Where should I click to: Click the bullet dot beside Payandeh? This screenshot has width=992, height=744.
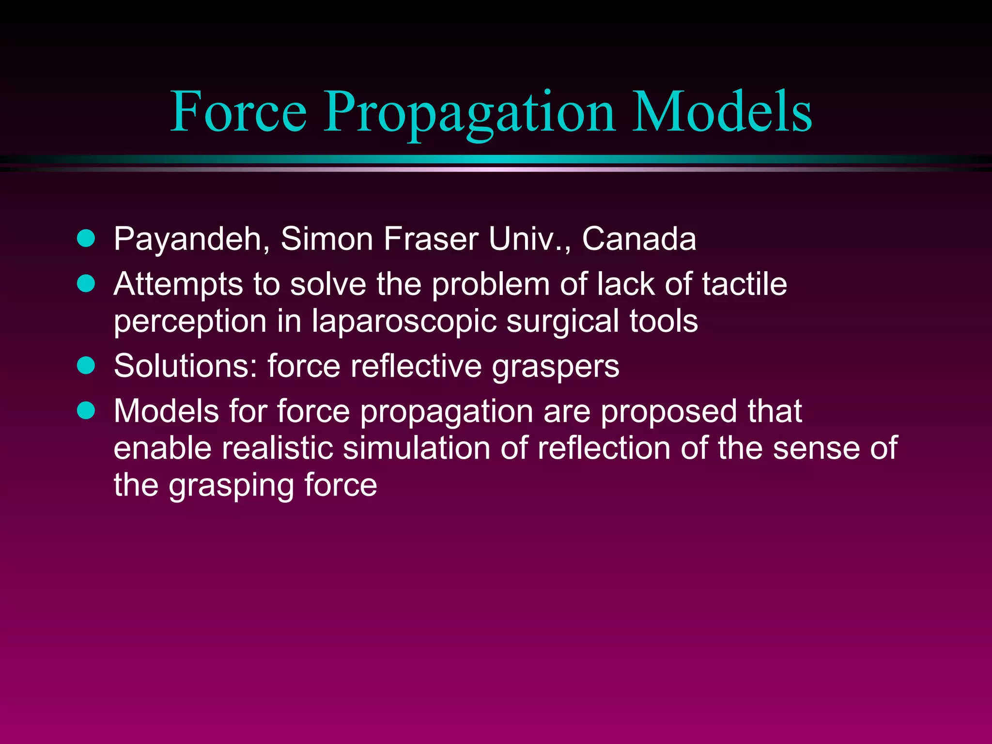coord(86,238)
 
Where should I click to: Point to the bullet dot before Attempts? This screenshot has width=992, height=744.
coord(86,283)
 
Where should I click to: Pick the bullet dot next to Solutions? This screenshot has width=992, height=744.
coord(86,365)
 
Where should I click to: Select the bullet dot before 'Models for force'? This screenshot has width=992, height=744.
coord(86,410)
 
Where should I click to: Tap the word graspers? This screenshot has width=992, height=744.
coord(555,367)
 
